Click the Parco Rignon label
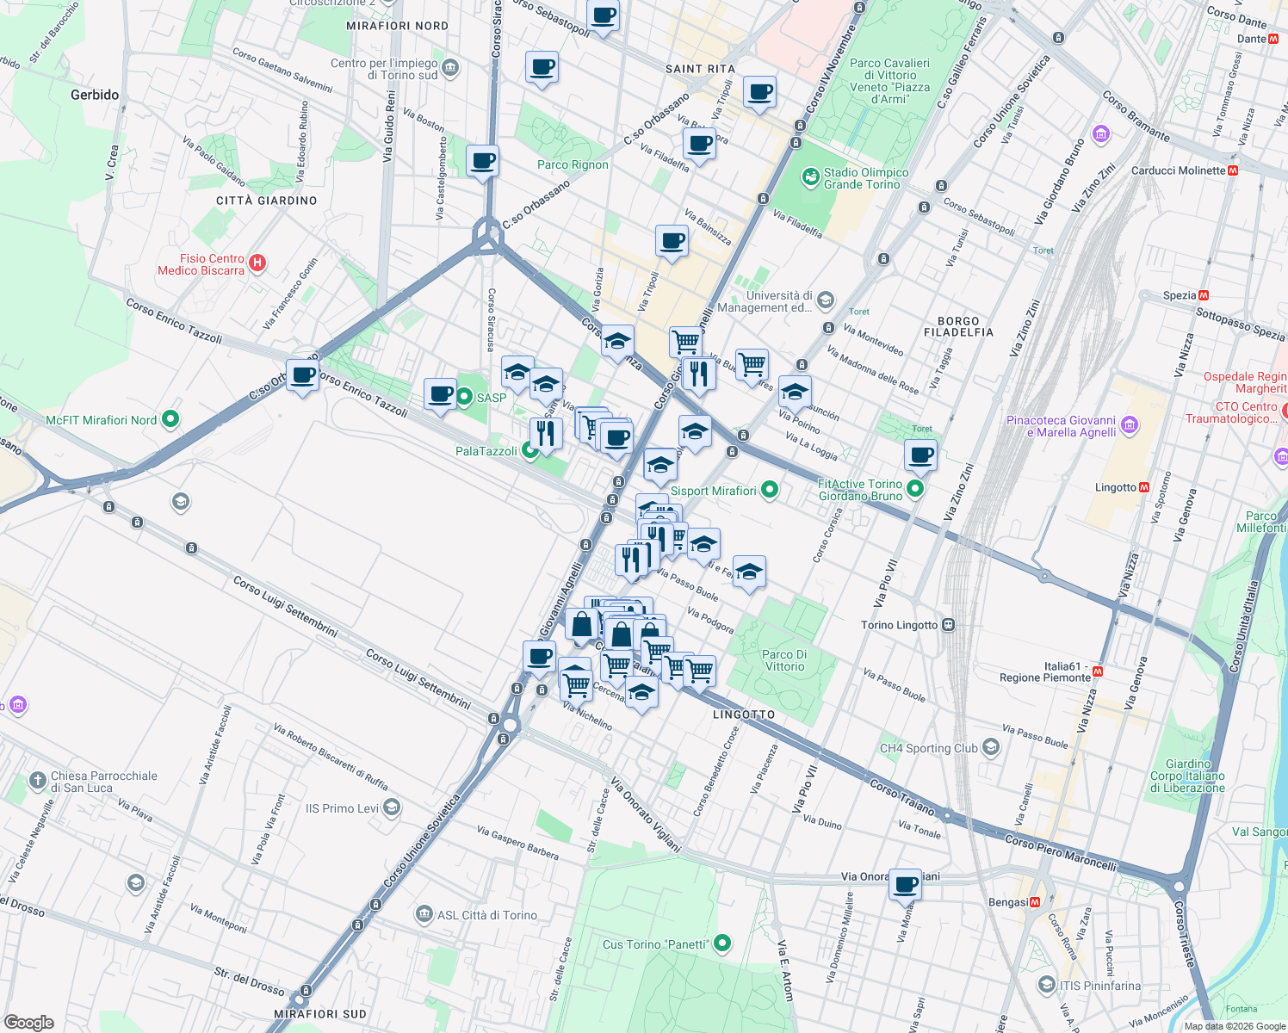(x=573, y=164)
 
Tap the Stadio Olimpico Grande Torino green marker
(x=810, y=177)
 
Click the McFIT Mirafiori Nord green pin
(x=170, y=420)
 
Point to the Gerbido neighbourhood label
(x=95, y=95)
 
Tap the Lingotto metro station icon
(x=1144, y=487)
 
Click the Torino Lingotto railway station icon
(x=948, y=625)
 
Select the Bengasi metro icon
(x=1035, y=902)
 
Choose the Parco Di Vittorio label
(x=784, y=660)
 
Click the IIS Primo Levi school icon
(x=392, y=807)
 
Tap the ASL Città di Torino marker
(x=424, y=914)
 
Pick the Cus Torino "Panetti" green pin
(x=722, y=944)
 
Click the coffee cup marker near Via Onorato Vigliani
(x=905, y=885)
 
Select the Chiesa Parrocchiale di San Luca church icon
(x=37, y=781)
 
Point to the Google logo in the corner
(x=29, y=1022)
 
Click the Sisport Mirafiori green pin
(x=770, y=491)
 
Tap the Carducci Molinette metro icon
(x=1232, y=170)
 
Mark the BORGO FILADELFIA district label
(x=958, y=326)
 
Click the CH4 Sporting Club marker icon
(x=991, y=747)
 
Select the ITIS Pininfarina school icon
(x=1046, y=984)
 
